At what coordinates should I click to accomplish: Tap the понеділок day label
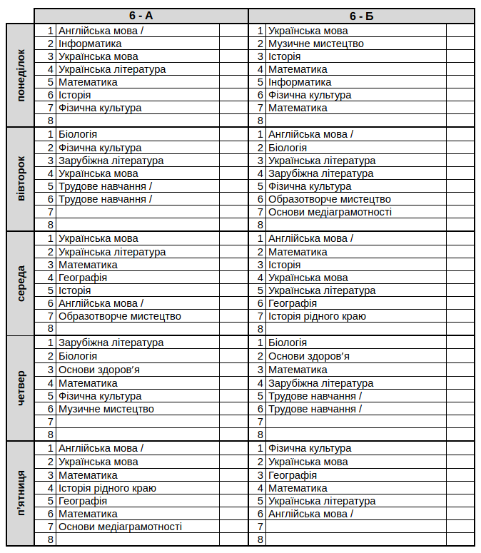[21, 76]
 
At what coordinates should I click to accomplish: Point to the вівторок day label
[21, 179]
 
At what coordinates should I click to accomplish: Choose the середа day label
[21, 283]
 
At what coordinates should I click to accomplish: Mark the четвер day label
[21, 387]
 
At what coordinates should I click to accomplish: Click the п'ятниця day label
[21, 493]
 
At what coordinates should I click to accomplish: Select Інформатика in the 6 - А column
[90, 44]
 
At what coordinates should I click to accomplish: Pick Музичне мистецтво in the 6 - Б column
[315, 44]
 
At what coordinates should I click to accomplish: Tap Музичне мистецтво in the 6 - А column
[106, 409]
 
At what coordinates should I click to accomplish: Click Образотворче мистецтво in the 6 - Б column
[329, 199]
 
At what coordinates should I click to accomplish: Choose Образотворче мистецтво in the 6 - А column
[120, 316]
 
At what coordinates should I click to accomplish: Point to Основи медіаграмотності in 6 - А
[120, 527]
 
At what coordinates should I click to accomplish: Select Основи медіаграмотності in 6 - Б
[330, 212]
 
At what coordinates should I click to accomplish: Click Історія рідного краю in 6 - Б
[317, 316]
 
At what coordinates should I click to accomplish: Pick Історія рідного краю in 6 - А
[107, 488]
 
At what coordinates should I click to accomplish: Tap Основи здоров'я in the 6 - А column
[98, 370]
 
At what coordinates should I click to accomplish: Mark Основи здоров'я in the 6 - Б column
[308, 356]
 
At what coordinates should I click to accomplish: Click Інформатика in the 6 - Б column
[300, 82]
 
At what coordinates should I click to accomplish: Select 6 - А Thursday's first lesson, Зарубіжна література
[111, 343]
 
